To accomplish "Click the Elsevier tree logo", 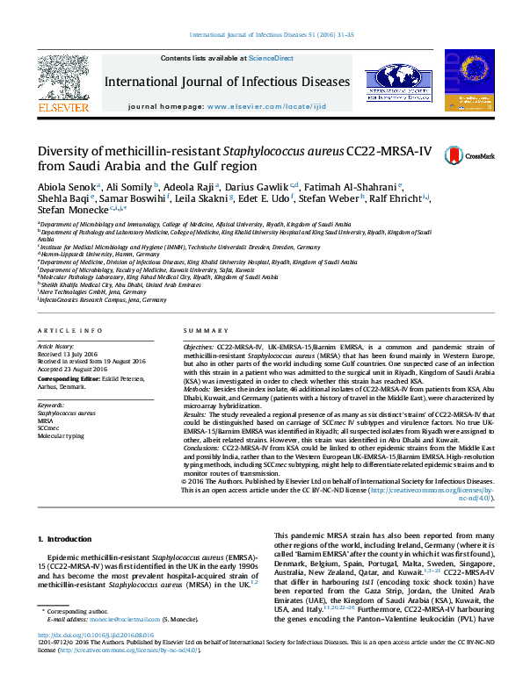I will (x=63, y=83).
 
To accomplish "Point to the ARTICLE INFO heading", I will (x=64, y=330).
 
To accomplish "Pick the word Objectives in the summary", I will (x=199, y=348).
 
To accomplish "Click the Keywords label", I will (x=51, y=405).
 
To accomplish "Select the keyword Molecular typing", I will (x=61, y=435).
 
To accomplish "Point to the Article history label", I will (x=55, y=347).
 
